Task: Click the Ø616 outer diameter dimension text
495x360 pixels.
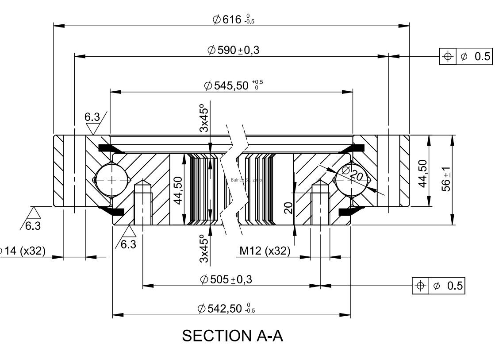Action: pos(233,19)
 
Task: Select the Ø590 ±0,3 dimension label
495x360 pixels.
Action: pos(233,50)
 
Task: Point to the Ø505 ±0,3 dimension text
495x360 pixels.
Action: pos(226,279)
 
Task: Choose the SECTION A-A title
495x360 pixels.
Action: pos(232,336)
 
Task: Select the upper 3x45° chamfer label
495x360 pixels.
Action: pos(203,118)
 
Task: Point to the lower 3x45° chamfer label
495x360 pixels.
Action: pos(203,248)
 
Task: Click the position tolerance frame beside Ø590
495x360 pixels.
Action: pos(465,56)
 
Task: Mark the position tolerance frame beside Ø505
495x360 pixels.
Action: pos(438,286)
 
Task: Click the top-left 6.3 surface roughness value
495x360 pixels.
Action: pos(92,117)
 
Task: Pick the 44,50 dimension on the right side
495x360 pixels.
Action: pos(422,174)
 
